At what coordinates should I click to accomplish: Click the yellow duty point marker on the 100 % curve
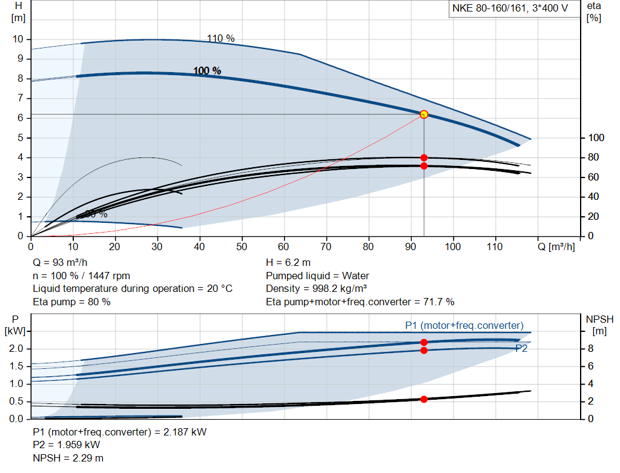(x=424, y=114)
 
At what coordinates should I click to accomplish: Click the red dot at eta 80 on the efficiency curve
(x=424, y=157)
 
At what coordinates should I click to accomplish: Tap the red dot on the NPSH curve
(x=424, y=399)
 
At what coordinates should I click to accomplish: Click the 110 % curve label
(x=220, y=38)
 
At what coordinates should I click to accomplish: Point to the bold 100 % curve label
(x=207, y=71)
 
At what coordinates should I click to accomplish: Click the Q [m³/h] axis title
(x=556, y=246)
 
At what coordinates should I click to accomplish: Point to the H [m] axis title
(x=18, y=12)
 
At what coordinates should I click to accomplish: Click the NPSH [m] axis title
(x=599, y=325)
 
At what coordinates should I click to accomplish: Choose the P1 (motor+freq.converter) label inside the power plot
(x=464, y=325)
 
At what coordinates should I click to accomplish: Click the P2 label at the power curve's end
(x=521, y=348)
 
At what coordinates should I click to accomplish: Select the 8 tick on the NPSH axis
(x=595, y=349)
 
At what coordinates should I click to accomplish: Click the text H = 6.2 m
(x=288, y=262)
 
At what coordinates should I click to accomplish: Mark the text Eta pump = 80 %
(x=71, y=302)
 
